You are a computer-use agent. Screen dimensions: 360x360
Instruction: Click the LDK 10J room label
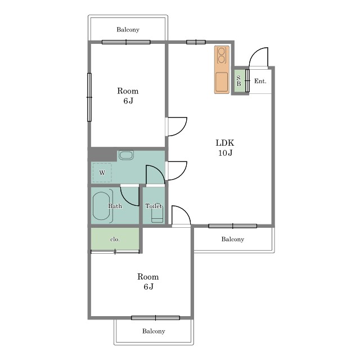pos(225,147)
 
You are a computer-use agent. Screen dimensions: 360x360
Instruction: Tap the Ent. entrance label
pos(260,81)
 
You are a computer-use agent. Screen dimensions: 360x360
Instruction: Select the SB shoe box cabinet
pos(239,81)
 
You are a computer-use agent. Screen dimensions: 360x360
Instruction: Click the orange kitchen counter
pos(222,70)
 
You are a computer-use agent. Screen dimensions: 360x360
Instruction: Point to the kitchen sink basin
pos(222,82)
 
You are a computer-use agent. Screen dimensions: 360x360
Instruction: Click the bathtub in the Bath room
pos(101,206)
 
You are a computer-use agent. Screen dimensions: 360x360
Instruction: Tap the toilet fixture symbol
pos(157,214)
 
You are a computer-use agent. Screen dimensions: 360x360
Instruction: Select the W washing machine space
pos(102,173)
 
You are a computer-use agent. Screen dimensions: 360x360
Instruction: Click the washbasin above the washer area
pos(126,155)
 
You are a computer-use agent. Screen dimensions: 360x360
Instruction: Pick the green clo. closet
pos(115,239)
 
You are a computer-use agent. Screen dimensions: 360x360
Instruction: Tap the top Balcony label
pos(128,30)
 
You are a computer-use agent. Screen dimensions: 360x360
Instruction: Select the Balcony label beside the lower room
pos(232,239)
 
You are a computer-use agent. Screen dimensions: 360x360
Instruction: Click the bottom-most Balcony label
pos(154,331)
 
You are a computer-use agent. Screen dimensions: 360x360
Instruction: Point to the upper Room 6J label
pos(128,96)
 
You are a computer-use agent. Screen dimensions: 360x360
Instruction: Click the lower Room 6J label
pos(148,281)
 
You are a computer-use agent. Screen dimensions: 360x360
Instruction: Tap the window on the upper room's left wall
pos(89,97)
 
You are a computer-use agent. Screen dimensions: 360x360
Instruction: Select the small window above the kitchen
pos(196,42)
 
